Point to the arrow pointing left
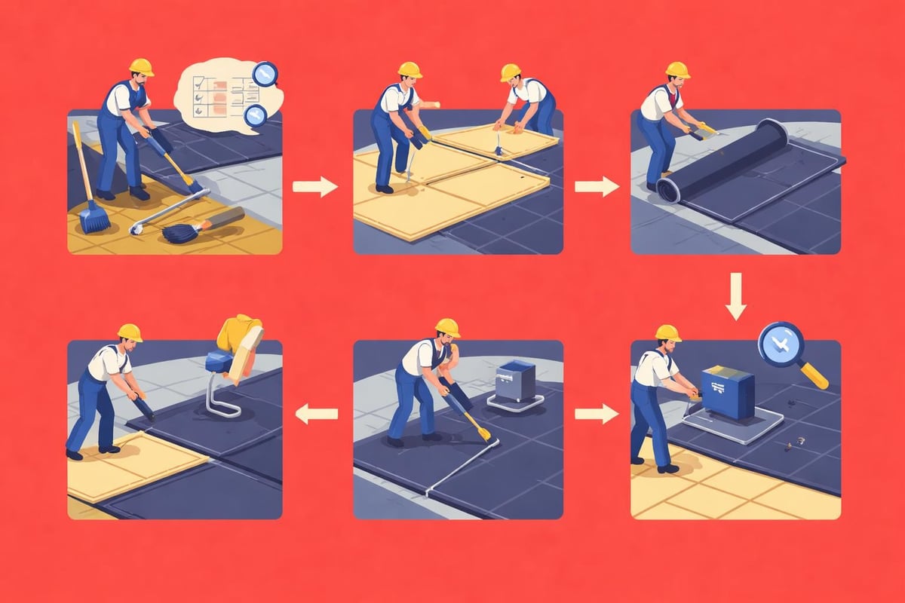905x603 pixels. point(316,412)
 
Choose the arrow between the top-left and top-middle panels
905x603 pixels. point(316,186)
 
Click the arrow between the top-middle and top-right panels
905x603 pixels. point(597,186)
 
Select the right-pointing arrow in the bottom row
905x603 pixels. point(597,412)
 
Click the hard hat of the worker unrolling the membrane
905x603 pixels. point(677,69)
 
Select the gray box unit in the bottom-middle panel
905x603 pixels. point(517,381)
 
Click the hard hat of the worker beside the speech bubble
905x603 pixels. point(140,66)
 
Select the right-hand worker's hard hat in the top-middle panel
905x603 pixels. point(511,72)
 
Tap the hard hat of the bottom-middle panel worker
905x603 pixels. point(447,327)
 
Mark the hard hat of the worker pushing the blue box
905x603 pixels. point(667,332)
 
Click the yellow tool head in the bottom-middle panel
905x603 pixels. point(483,433)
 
